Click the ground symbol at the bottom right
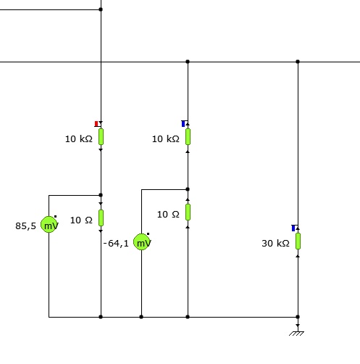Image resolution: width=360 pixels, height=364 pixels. click(297, 334)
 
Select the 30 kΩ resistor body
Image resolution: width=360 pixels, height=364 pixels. click(298, 241)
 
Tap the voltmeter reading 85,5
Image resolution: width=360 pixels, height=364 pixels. click(49, 225)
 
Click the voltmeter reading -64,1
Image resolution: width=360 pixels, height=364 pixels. click(142, 242)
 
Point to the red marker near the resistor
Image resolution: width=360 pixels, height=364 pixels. click(96, 124)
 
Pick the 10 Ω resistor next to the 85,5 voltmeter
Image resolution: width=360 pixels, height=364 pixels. click(101, 218)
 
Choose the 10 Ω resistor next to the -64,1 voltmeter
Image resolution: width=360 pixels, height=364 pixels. click(188, 212)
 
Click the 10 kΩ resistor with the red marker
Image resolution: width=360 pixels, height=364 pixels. click(101, 137)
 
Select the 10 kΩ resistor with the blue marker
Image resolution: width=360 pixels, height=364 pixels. click(188, 137)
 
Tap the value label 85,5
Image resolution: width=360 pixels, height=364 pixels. click(25, 226)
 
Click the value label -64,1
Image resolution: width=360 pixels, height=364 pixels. click(116, 244)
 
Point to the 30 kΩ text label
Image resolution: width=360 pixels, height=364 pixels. click(275, 243)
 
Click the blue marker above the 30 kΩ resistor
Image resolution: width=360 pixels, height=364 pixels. click(293, 228)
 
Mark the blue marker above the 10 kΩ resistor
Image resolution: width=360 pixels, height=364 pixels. click(183, 124)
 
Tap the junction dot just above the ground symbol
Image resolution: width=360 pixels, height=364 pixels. click(298, 317)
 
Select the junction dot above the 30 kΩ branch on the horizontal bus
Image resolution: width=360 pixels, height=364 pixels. click(298, 62)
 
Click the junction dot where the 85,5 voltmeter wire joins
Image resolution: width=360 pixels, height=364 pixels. click(101, 195)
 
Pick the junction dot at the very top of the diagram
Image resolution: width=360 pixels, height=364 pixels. click(101, 9)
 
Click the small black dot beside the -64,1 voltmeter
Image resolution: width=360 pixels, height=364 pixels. click(148, 233)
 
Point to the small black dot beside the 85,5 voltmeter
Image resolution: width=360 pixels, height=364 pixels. click(55, 217)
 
